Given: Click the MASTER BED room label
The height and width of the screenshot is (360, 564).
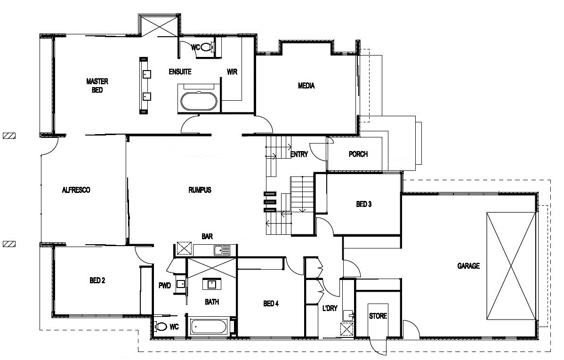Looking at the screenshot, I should [x=97, y=85].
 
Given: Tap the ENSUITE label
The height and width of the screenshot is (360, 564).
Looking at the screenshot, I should [x=180, y=72].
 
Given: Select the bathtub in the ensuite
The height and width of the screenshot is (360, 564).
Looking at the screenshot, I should [x=199, y=101].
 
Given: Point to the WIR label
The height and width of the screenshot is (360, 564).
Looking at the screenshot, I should [x=232, y=72].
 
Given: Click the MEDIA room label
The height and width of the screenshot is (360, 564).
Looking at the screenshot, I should [x=306, y=86].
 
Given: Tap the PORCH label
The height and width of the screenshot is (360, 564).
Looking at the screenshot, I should [x=358, y=154].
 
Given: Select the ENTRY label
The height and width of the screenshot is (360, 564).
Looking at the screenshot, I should [x=299, y=154].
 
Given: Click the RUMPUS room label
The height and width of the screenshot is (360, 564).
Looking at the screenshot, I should [x=200, y=190].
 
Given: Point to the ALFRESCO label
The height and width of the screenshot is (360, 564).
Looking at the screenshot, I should [x=76, y=190].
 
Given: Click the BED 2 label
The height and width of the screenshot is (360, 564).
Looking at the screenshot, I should [x=97, y=280].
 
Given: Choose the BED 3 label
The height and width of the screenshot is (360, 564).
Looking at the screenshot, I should [x=364, y=204].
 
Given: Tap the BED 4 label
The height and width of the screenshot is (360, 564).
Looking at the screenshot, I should [x=271, y=304].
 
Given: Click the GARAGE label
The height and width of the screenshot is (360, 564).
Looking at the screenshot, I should [x=468, y=266].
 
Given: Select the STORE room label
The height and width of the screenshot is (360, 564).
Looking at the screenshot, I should [x=378, y=316].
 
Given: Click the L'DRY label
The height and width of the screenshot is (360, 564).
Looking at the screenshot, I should [x=330, y=308].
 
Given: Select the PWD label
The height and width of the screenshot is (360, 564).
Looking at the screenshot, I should [x=164, y=285].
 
